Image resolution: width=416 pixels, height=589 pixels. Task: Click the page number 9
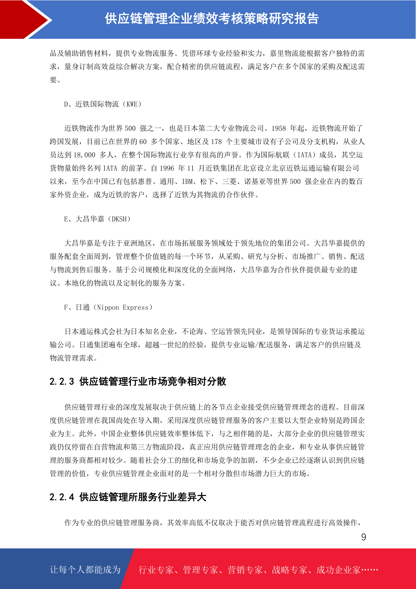coord(364,537)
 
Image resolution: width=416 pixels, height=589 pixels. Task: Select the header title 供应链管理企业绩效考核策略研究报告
coord(212,19)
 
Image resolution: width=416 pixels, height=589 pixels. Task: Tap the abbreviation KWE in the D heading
coord(132,104)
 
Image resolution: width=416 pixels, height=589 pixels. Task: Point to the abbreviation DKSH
coord(119,219)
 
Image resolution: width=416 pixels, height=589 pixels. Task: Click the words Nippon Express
coord(123,308)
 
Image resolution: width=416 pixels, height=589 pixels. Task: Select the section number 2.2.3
coord(62,382)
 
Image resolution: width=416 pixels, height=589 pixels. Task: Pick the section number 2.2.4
coord(62,497)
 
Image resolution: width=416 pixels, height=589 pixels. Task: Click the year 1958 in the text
coord(278,128)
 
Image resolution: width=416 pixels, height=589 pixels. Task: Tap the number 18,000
coord(84,155)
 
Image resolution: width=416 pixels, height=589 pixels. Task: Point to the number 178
coord(216,142)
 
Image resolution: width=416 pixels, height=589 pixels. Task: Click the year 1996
coord(167,168)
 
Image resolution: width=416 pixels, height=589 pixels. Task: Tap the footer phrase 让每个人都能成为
coord(85,570)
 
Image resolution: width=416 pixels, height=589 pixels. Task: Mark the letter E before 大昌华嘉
coord(66,219)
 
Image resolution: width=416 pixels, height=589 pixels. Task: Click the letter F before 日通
coord(66,308)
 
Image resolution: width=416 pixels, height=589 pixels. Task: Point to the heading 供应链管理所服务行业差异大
coord(143,497)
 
